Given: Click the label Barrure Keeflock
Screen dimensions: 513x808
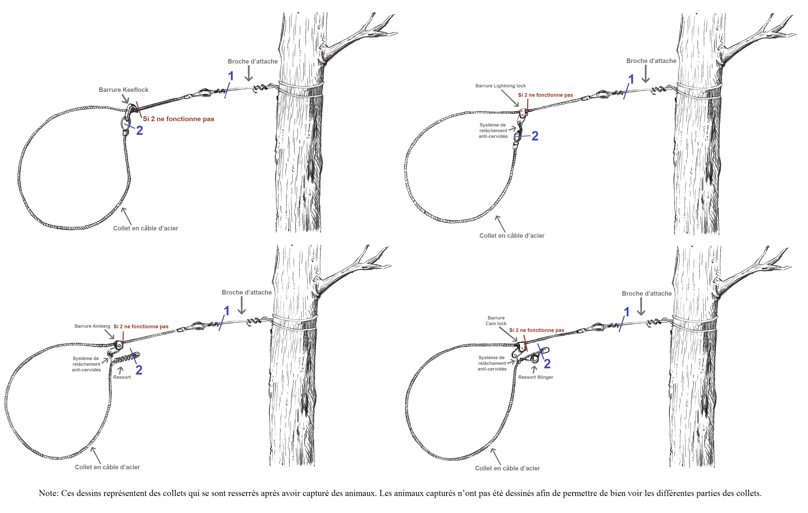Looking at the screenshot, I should click(x=123, y=90).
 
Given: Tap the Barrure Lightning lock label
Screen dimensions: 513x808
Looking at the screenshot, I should click(x=500, y=86).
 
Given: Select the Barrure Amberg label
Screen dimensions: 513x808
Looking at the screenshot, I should click(x=92, y=326).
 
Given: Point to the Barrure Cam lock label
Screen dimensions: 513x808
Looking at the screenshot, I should click(x=496, y=321).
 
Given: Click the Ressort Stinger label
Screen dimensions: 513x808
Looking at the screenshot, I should click(x=535, y=377).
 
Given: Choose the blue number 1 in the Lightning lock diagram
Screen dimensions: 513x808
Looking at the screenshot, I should click(x=631, y=80).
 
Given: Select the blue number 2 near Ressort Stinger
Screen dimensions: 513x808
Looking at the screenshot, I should click(x=547, y=364).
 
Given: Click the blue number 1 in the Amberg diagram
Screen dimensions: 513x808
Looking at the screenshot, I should click(x=226, y=311).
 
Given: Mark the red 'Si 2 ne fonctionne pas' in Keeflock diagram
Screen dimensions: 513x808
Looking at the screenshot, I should click(x=178, y=119).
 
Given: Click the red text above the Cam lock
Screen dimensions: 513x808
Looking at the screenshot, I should click(x=537, y=330).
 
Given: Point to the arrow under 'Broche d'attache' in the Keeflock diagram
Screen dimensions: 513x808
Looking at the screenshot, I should click(x=249, y=73).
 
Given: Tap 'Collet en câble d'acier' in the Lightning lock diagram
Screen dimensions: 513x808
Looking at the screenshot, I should click(x=512, y=236).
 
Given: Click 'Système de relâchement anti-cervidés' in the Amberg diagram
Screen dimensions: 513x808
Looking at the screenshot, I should click(x=86, y=364).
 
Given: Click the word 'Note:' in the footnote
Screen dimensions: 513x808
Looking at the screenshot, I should click(x=49, y=493).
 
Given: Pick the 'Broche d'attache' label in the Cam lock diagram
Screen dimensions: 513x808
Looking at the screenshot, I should click(x=647, y=294).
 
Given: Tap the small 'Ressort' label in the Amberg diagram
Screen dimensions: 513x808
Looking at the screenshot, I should click(x=122, y=377).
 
